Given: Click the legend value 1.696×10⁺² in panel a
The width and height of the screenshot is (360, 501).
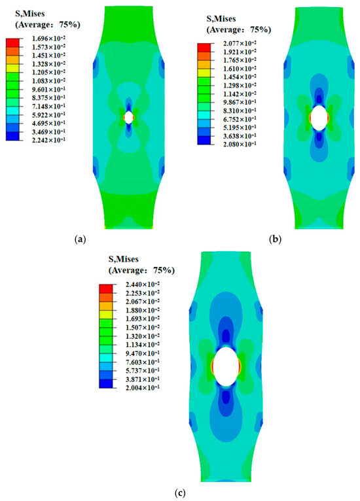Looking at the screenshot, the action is pos(48,39).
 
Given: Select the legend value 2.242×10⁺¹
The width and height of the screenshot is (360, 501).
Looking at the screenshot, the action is pos(48,139).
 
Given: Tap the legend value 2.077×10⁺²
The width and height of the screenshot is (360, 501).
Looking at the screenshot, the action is pos(240,43).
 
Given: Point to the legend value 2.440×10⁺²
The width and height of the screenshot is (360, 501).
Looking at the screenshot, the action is pos(143,285).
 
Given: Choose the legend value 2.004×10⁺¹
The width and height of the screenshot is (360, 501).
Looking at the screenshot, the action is pos(143,388).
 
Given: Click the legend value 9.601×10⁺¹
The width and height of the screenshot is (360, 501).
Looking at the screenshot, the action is pos(48,89).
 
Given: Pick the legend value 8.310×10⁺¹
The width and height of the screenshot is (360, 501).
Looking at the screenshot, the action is pos(240,111).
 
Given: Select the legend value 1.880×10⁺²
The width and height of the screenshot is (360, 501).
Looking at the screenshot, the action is pos(143,310).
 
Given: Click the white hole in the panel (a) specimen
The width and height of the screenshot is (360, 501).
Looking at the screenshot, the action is pos(128,117).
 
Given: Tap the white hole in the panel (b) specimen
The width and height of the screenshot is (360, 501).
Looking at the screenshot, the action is pos(319,118).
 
